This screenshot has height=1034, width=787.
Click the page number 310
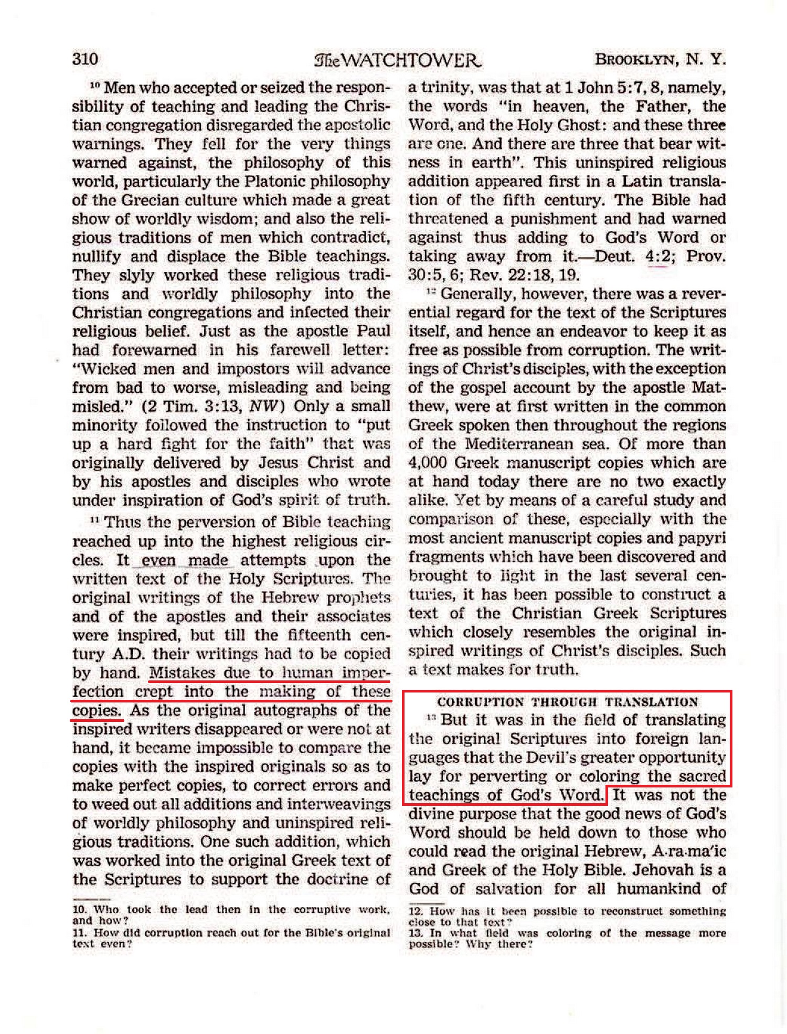(x=85, y=58)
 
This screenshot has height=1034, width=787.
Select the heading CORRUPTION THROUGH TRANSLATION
(x=567, y=702)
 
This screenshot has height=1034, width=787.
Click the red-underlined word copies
(x=97, y=711)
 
